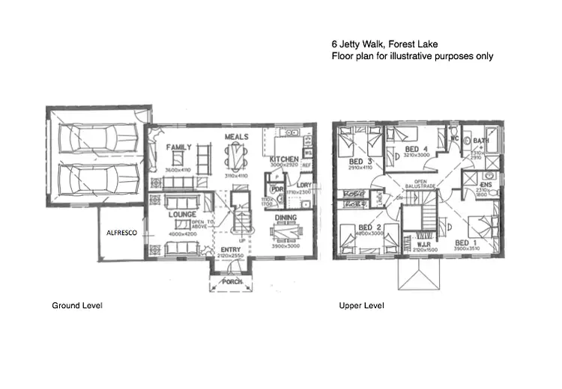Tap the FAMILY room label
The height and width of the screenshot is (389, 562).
[179, 147]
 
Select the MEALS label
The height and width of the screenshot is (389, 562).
[237, 138]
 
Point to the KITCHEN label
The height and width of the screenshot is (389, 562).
[284, 159]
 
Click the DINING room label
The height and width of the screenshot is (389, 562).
[284, 218]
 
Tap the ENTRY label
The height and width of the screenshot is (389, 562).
[230, 250]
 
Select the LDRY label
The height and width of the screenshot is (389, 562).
[304, 185]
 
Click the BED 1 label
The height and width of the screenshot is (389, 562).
[466, 243]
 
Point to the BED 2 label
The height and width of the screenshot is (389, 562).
[370, 227]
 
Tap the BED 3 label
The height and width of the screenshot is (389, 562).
[360, 162]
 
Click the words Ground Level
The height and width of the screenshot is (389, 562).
[76, 305]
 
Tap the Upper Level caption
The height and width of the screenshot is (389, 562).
[361, 305]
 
